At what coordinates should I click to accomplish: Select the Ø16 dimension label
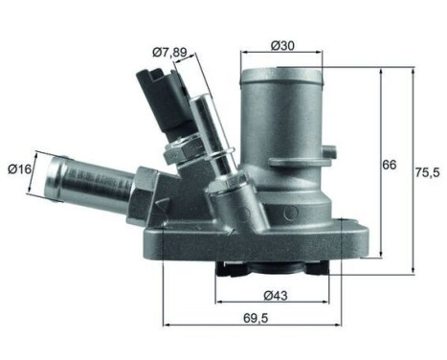pos(20,169)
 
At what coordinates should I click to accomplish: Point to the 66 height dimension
pos(389,165)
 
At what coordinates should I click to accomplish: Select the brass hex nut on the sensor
pos(180,150)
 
